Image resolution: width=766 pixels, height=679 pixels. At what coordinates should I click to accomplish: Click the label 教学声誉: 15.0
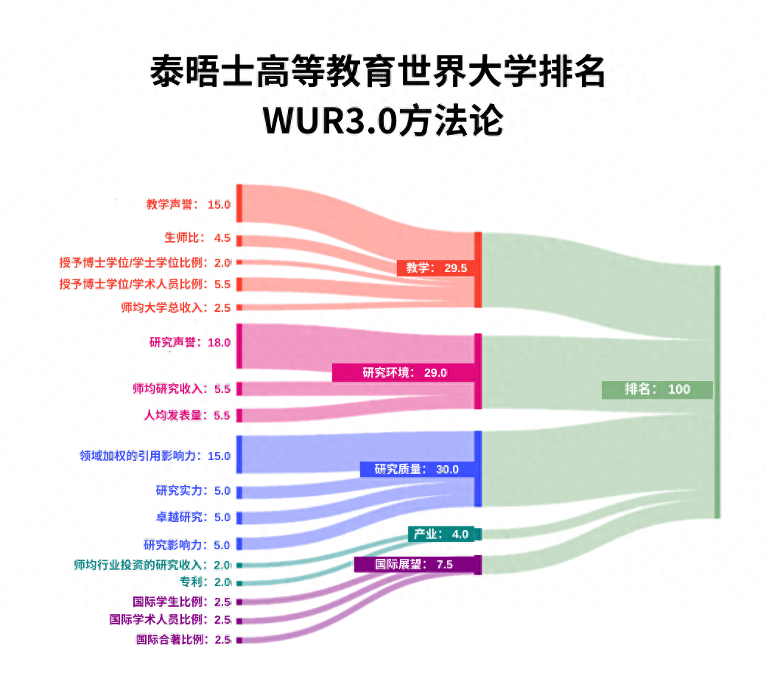[189, 204]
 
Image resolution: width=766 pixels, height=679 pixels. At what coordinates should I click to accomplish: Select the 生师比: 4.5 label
[197, 238]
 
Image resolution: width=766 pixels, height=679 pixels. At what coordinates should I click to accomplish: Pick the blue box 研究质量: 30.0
[416, 469]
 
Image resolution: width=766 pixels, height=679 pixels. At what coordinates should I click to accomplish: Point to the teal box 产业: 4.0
[444, 534]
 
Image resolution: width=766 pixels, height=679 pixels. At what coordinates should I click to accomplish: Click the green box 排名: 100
[657, 389]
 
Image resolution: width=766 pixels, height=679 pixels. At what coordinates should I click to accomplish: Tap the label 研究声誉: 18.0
[190, 342]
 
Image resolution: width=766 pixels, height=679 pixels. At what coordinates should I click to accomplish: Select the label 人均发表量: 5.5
[187, 415]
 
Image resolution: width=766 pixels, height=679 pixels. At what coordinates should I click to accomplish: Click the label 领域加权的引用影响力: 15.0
[155, 456]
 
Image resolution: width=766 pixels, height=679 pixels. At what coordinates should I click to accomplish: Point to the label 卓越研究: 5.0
[193, 517]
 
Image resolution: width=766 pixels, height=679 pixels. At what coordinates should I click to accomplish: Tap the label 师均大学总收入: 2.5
[176, 307]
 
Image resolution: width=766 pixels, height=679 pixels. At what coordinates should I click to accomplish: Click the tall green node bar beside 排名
[717, 391]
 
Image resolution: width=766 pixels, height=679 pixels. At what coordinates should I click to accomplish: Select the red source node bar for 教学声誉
[239, 203]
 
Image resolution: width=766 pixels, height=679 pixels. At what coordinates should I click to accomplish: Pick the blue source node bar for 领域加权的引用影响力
[239, 454]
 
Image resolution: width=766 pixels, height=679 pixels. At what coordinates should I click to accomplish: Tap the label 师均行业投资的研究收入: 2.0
[152, 565]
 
